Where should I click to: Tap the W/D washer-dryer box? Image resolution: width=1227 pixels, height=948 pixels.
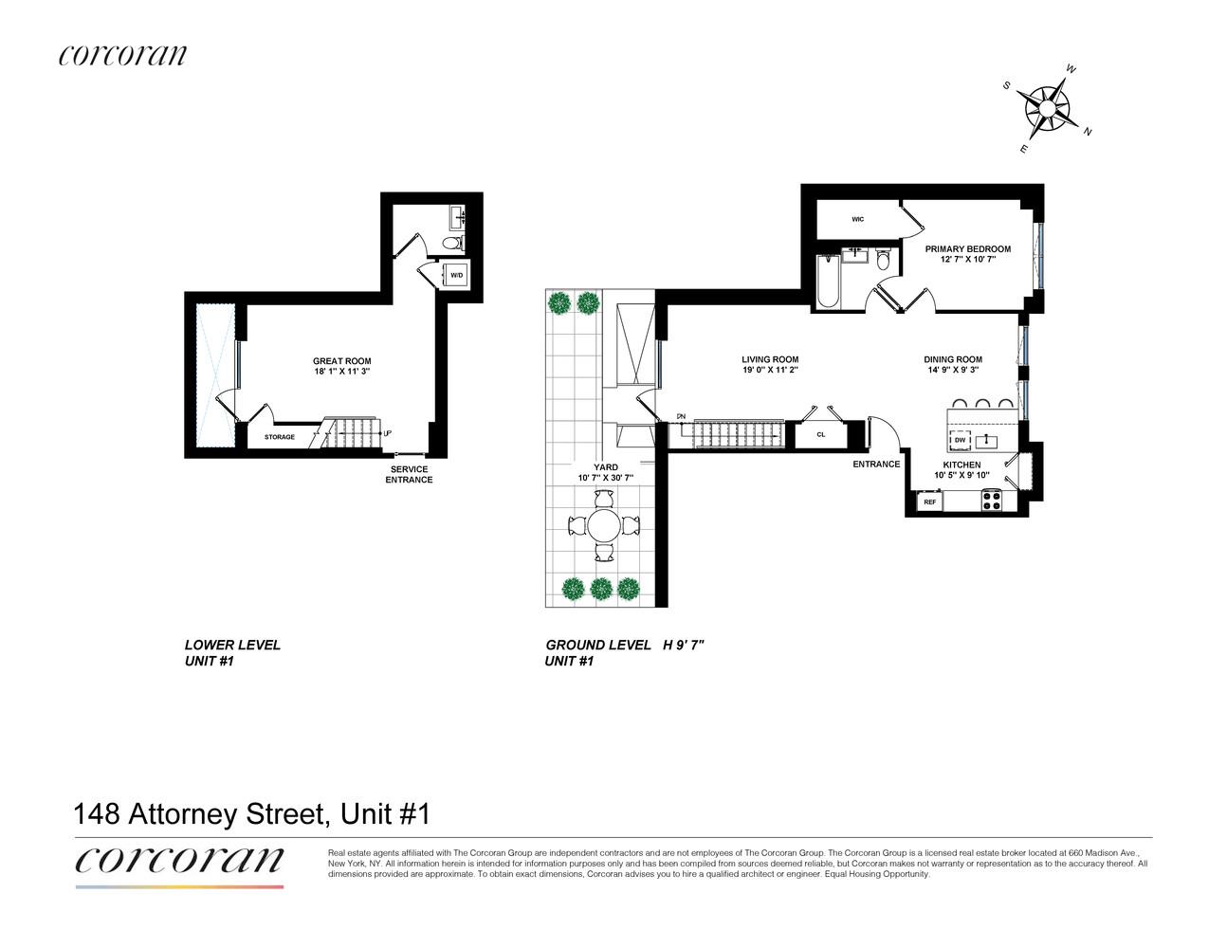[456, 275]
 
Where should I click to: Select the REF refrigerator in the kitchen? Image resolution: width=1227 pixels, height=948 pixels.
[929, 501]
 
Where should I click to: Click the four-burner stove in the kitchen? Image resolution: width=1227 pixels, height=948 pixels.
[992, 501]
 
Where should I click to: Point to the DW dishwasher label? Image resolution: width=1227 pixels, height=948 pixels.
[960, 440]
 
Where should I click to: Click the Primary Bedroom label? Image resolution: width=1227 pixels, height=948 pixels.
[968, 248]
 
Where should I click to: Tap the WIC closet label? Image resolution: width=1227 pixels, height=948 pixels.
[858, 220]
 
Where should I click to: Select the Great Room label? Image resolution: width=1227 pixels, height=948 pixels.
[342, 361]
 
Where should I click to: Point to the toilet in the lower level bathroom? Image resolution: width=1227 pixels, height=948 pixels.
[452, 244]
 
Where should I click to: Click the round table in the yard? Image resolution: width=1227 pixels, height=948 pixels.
[604, 525]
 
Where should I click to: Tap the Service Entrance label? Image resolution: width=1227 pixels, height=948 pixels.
[409, 475]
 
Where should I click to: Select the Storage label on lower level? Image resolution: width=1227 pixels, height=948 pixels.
[280, 437]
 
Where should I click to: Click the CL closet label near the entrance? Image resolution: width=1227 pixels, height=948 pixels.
[821, 434]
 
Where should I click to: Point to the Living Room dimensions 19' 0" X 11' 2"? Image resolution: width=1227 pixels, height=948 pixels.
[770, 370]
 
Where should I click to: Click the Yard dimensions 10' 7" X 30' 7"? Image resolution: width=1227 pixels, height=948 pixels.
[605, 478]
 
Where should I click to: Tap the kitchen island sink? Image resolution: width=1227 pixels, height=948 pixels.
[986, 440]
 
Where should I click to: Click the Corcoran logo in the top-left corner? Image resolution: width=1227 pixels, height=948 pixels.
[122, 55]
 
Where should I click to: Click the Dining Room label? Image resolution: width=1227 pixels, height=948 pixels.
[953, 359]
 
